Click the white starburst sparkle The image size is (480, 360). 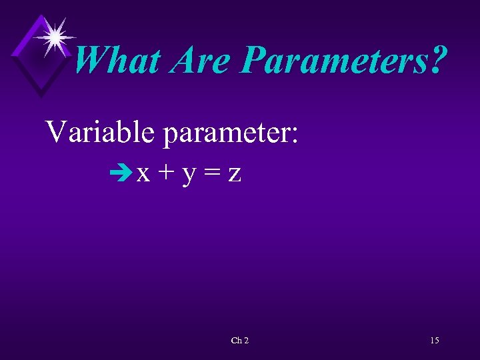pos(54,36)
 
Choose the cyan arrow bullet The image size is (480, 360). pos(124,175)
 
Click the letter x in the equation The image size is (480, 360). pos(143,175)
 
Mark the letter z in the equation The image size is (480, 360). pos(235,175)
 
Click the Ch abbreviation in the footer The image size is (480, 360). pos(237,341)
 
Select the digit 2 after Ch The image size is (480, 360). pos(247,341)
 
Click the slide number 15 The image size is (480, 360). pos(435,341)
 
